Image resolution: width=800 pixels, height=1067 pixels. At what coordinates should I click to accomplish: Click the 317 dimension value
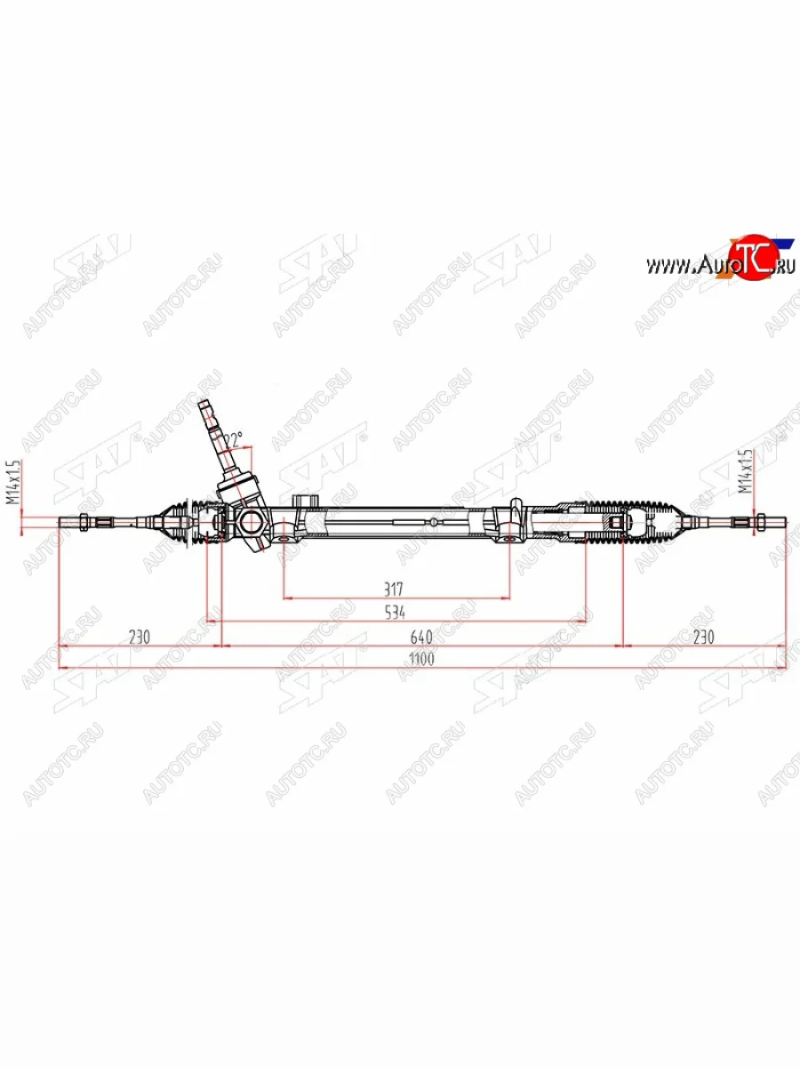tap(395, 589)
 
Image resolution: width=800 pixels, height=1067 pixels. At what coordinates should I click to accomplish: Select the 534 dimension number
tap(395, 613)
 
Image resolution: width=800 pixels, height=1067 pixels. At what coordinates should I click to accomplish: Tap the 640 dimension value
tap(420, 637)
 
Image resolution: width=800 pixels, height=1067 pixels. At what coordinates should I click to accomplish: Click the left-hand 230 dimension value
tap(140, 637)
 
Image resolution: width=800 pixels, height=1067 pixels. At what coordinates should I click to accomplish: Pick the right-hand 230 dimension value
tap(704, 637)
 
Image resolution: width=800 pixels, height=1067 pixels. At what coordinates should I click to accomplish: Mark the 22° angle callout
tap(234, 440)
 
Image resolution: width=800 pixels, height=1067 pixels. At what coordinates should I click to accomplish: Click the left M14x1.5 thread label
tap(13, 483)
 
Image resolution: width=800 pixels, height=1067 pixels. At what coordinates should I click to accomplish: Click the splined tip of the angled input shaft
tap(207, 411)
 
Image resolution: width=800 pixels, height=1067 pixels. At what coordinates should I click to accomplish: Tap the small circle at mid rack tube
tap(431, 521)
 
